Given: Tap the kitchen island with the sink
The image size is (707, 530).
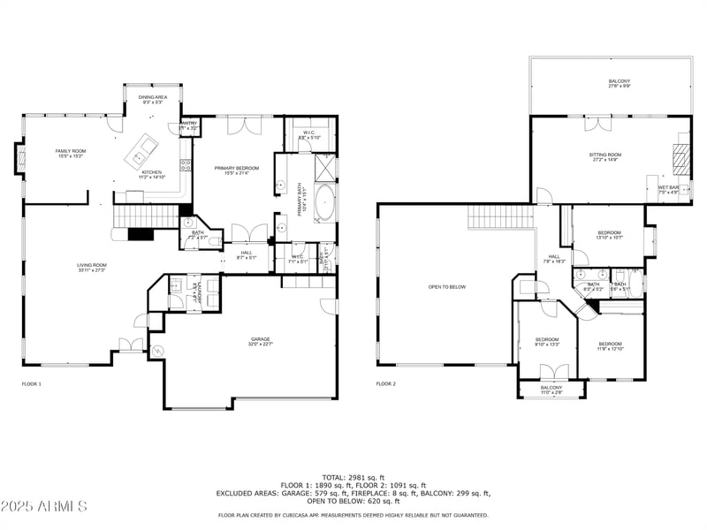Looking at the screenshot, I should pyautogui.click(x=142, y=151).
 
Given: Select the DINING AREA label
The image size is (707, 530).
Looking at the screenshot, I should pyautogui.click(x=154, y=99).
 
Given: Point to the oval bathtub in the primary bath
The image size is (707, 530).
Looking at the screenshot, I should pyautogui.click(x=324, y=201).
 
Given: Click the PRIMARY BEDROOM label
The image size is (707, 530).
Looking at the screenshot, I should pyautogui.click(x=237, y=169).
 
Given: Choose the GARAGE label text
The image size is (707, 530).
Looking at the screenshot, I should pyautogui.click(x=260, y=341).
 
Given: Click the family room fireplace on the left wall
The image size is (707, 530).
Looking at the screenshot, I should pyautogui.click(x=19, y=159).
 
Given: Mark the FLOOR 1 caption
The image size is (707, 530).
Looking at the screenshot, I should pyautogui.click(x=32, y=384).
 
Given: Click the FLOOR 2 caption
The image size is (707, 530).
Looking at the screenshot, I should pyautogui.click(x=386, y=384).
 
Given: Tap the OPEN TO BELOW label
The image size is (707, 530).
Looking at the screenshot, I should pyautogui.click(x=446, y=287).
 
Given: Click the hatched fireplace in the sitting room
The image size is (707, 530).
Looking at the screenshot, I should pyautogui.click(x=679, y=156).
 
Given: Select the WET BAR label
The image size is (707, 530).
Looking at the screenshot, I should pyautogui.click(x=668, y=189).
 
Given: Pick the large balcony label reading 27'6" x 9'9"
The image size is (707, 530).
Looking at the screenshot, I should pyautogui.click(x=619, y=83).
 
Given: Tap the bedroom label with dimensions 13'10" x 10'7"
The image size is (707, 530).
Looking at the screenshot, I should pyautogui.click(x=609, y=235).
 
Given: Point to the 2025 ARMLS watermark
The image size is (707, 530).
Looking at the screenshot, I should pyautogui.click(x=44, y=506).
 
